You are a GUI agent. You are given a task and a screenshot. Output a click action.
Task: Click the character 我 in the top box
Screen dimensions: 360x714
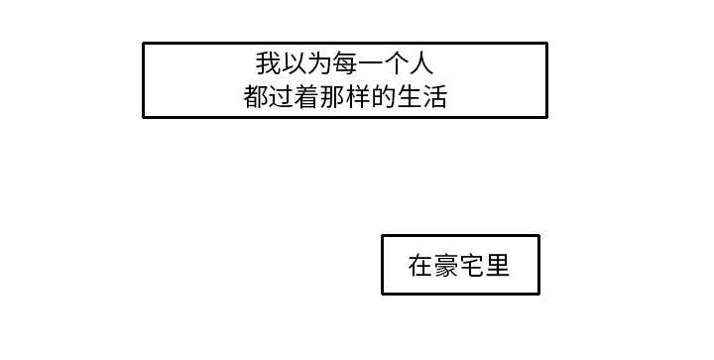268,64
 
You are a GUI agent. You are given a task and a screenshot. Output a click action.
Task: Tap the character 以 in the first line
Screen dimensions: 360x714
294,64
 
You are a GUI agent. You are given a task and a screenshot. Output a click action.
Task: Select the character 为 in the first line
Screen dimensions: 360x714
319,64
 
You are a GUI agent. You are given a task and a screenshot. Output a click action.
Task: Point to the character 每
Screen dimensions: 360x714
345,64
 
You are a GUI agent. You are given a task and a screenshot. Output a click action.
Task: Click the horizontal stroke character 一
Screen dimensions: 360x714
371,64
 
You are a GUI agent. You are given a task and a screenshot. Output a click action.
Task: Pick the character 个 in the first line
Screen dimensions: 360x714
397,64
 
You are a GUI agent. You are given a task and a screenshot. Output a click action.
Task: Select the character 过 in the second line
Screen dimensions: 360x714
281,97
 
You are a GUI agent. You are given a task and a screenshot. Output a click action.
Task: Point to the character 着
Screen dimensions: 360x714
306,97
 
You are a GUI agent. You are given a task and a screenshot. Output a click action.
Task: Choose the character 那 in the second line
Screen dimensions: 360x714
332,97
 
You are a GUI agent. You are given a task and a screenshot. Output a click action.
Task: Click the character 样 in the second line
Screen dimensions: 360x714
358,97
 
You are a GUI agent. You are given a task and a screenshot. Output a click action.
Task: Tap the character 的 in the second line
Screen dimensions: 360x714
384,97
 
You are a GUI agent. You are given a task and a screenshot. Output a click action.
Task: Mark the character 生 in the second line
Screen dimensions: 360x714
410,97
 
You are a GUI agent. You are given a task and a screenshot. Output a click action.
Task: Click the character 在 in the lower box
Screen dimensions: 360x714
420,266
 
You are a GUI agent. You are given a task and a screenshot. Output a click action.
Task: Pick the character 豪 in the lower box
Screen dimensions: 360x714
446,266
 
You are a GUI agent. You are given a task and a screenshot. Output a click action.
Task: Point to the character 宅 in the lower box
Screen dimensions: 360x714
472,266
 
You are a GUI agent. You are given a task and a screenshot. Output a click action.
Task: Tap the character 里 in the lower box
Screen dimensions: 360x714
498,266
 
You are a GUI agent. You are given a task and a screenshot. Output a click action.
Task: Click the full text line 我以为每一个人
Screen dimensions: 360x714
345,64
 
